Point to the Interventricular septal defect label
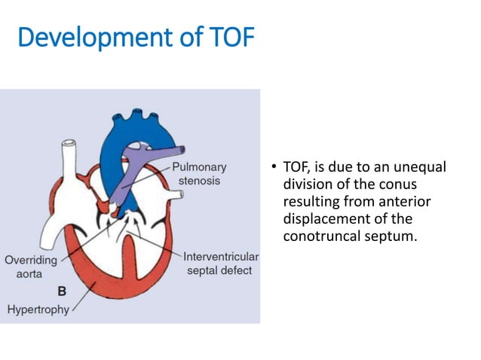tap(220, 264)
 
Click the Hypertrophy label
tap(38, 309)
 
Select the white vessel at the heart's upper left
tap(71, 159)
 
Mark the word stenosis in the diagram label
tap(199, 182)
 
